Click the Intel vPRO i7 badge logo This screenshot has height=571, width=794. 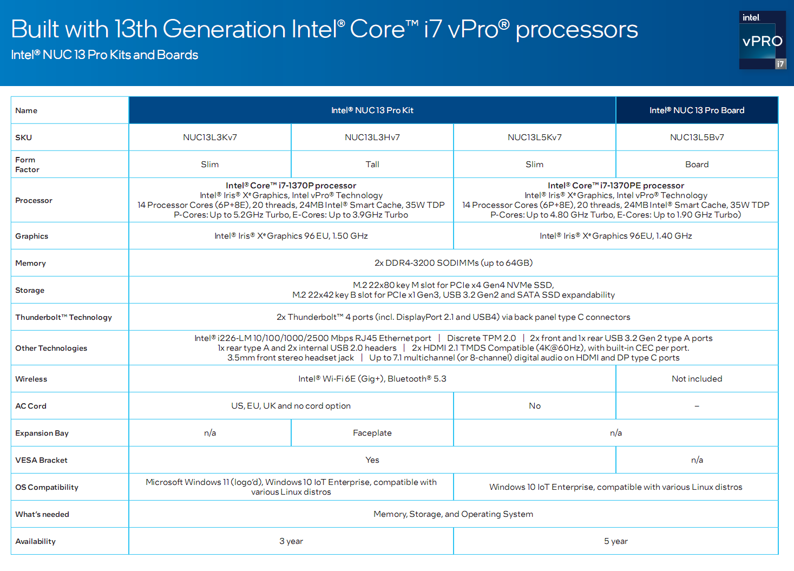[x=762, y=40]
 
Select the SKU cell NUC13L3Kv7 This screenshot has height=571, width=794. [x=210, y=137]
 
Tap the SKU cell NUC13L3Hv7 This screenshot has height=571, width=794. [x=372, y=137]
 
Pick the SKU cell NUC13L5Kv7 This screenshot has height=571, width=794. [x=535, y=137]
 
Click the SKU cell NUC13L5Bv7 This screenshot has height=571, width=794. [x=697, y=137]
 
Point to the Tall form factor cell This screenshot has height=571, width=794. [x=372, y=165]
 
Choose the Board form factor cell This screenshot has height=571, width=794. [x=697, y=165]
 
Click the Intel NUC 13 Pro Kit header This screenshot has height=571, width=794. [x=372, y=110]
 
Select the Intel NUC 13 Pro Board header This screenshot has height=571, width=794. [x=697, y=110]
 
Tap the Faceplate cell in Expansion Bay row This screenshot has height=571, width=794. [x=372, y=433]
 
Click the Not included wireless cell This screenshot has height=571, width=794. [x=697, y=379]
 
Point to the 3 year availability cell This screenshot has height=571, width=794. [x=291, y=541]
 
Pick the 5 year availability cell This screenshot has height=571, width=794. [x=616, y=541]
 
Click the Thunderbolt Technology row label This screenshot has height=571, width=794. [x=64, y=317]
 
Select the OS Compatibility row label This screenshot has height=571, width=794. [x=47, y=487]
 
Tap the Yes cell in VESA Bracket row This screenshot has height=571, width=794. [x=372, y=460]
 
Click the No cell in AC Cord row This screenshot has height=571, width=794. [x=535, y=406]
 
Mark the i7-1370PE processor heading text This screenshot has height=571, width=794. [x=616, y=186]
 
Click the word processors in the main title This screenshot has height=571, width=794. [x=576, y=30]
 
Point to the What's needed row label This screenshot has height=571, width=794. [x=42, y=514]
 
